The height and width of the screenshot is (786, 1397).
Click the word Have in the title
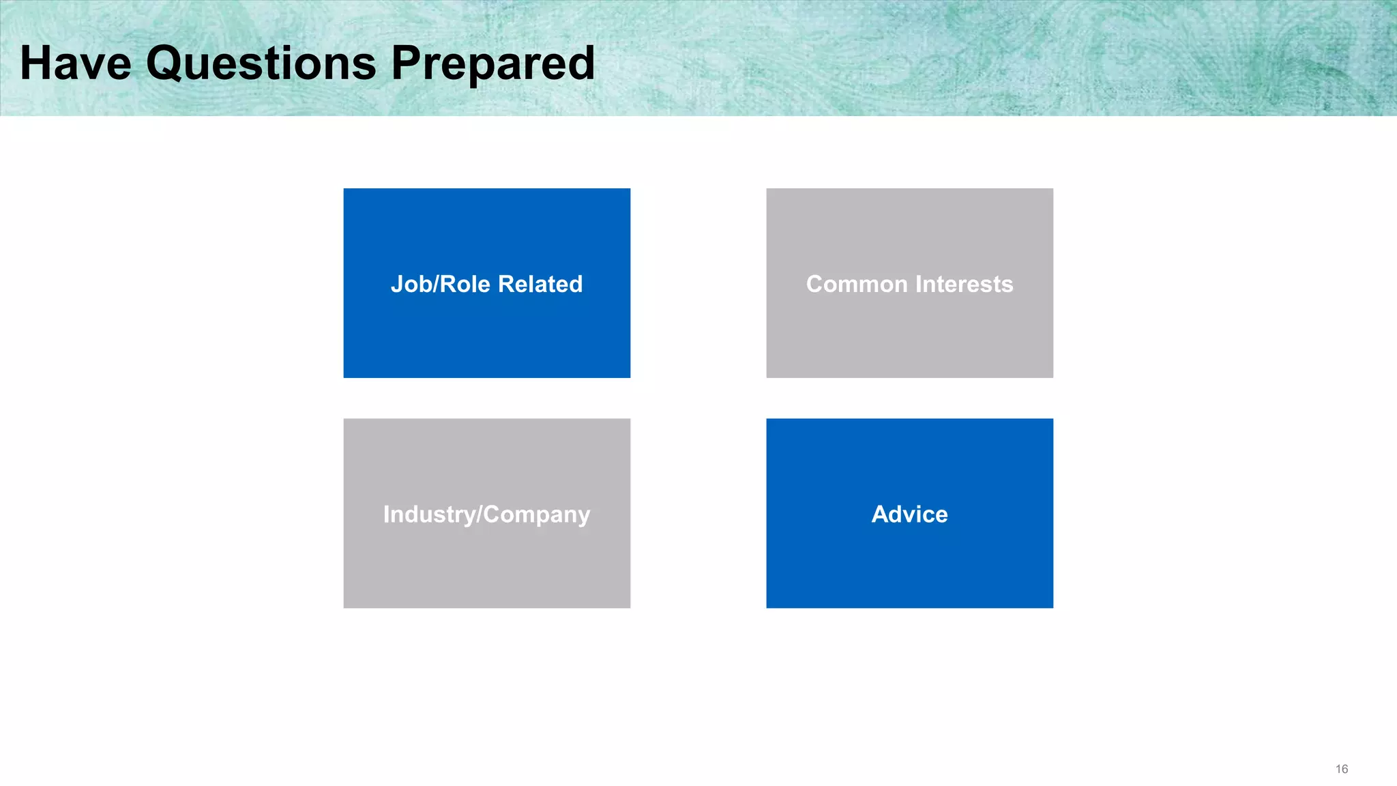coord(75,63)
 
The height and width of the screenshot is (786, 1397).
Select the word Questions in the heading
coord(261,63)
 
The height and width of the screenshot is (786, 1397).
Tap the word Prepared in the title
coord(492,63)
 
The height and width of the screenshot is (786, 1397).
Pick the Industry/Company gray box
coord(486,566)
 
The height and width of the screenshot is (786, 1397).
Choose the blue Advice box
coord(909,566)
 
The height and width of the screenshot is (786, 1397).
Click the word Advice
coord(909,514)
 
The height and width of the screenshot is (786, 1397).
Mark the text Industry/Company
coord(486,514)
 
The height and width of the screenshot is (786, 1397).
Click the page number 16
coord(1341,769)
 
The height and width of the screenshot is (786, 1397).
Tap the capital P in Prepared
coord(407,63)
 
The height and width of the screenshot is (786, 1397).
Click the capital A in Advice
coord(881,514)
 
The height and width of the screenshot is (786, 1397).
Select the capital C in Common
coord(816,284)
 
